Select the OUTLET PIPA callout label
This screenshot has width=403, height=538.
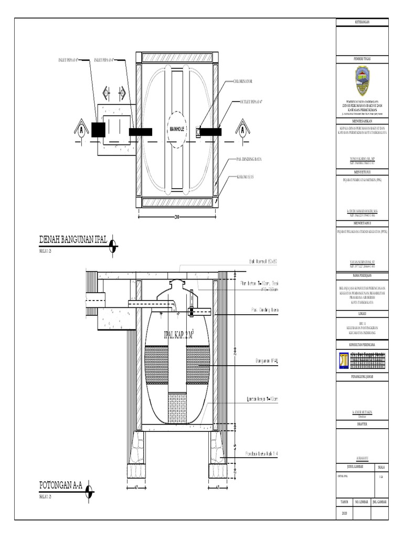251,100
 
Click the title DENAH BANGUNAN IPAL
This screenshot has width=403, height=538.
73,240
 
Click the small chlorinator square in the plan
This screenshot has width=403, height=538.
198,132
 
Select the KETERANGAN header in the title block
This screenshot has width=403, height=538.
362,22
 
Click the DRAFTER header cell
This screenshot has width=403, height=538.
362,422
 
